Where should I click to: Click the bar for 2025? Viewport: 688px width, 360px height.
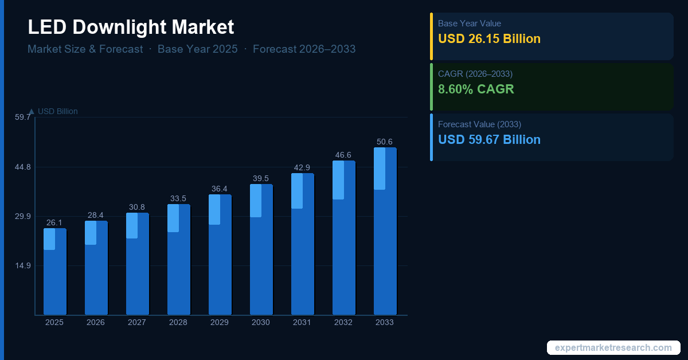55,271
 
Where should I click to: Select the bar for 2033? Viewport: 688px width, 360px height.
385,231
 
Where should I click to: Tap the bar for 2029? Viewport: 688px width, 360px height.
220,255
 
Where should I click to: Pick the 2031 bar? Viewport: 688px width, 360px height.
303,244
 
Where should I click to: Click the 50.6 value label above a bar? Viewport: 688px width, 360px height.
385,142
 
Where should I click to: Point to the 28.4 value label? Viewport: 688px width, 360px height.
96,215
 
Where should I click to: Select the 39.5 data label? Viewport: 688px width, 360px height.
261,178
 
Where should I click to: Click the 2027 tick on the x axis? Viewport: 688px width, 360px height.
137,322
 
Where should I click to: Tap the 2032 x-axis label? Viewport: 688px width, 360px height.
343,322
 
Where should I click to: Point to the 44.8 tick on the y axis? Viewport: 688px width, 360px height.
23,167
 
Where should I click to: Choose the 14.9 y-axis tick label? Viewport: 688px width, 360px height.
23,265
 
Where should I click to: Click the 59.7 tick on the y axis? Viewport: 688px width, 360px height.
23,118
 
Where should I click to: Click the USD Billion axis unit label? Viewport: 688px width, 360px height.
57,111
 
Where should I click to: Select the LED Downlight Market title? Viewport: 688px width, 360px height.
131,27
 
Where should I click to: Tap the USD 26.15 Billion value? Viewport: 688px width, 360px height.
489,39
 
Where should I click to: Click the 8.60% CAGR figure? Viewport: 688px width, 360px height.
476,89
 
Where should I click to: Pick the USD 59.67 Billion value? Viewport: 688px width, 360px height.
489,139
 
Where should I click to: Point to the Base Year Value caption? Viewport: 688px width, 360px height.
469,24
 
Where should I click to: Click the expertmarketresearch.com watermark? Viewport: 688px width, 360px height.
613,347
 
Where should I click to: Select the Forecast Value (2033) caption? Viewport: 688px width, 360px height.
479,124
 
